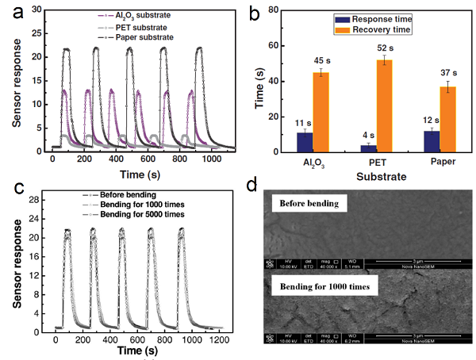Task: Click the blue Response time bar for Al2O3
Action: pos(305,142)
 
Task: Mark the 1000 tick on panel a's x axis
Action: pos(211,159)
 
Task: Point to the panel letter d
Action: pos(252,187)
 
